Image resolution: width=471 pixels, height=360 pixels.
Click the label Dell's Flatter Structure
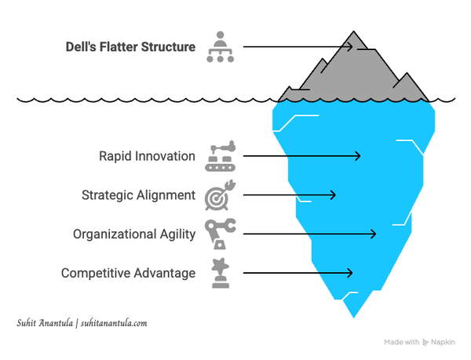(130, 47)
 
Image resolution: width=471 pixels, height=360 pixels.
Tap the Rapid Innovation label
(147, 156)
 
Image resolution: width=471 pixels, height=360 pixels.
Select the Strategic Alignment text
(139, 195)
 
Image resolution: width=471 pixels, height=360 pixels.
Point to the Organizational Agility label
(134, 234)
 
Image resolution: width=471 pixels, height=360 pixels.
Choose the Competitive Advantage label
(128, 273)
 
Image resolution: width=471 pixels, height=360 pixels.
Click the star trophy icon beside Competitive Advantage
(220, 273)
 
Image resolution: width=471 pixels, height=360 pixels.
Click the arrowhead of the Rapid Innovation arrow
(358, 156)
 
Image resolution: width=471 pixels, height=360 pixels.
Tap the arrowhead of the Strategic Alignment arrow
(333, 195)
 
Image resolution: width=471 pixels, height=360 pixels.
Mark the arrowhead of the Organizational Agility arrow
(374, 234)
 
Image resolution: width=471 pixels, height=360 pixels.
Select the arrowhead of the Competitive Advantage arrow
(349, 273)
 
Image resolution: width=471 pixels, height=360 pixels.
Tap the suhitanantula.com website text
(114, 323)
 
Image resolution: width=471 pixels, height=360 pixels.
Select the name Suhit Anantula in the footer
(44, 323)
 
